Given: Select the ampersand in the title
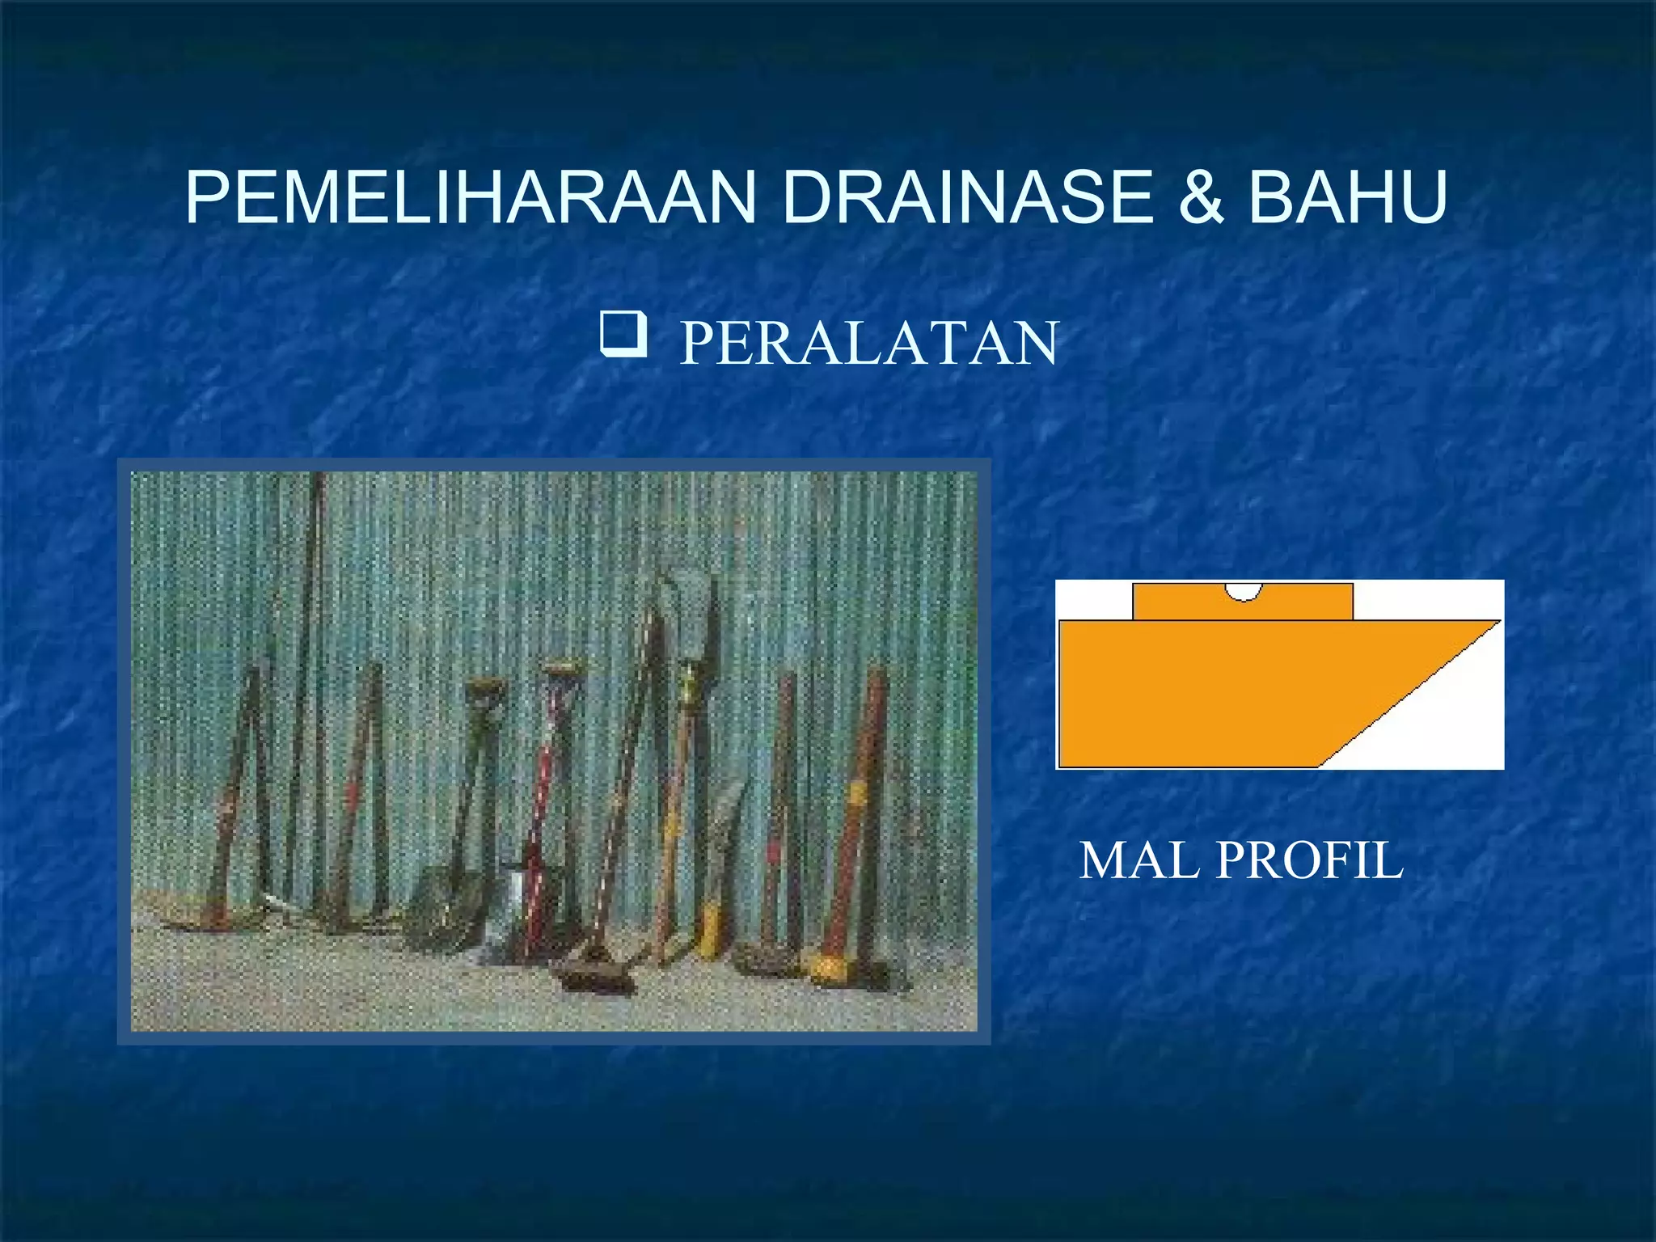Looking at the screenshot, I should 1202,198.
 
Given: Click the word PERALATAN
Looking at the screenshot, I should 868,344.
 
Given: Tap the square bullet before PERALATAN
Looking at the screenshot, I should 623,335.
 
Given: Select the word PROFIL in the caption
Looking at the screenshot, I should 1310,860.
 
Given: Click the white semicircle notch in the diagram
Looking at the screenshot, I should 1243,592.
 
